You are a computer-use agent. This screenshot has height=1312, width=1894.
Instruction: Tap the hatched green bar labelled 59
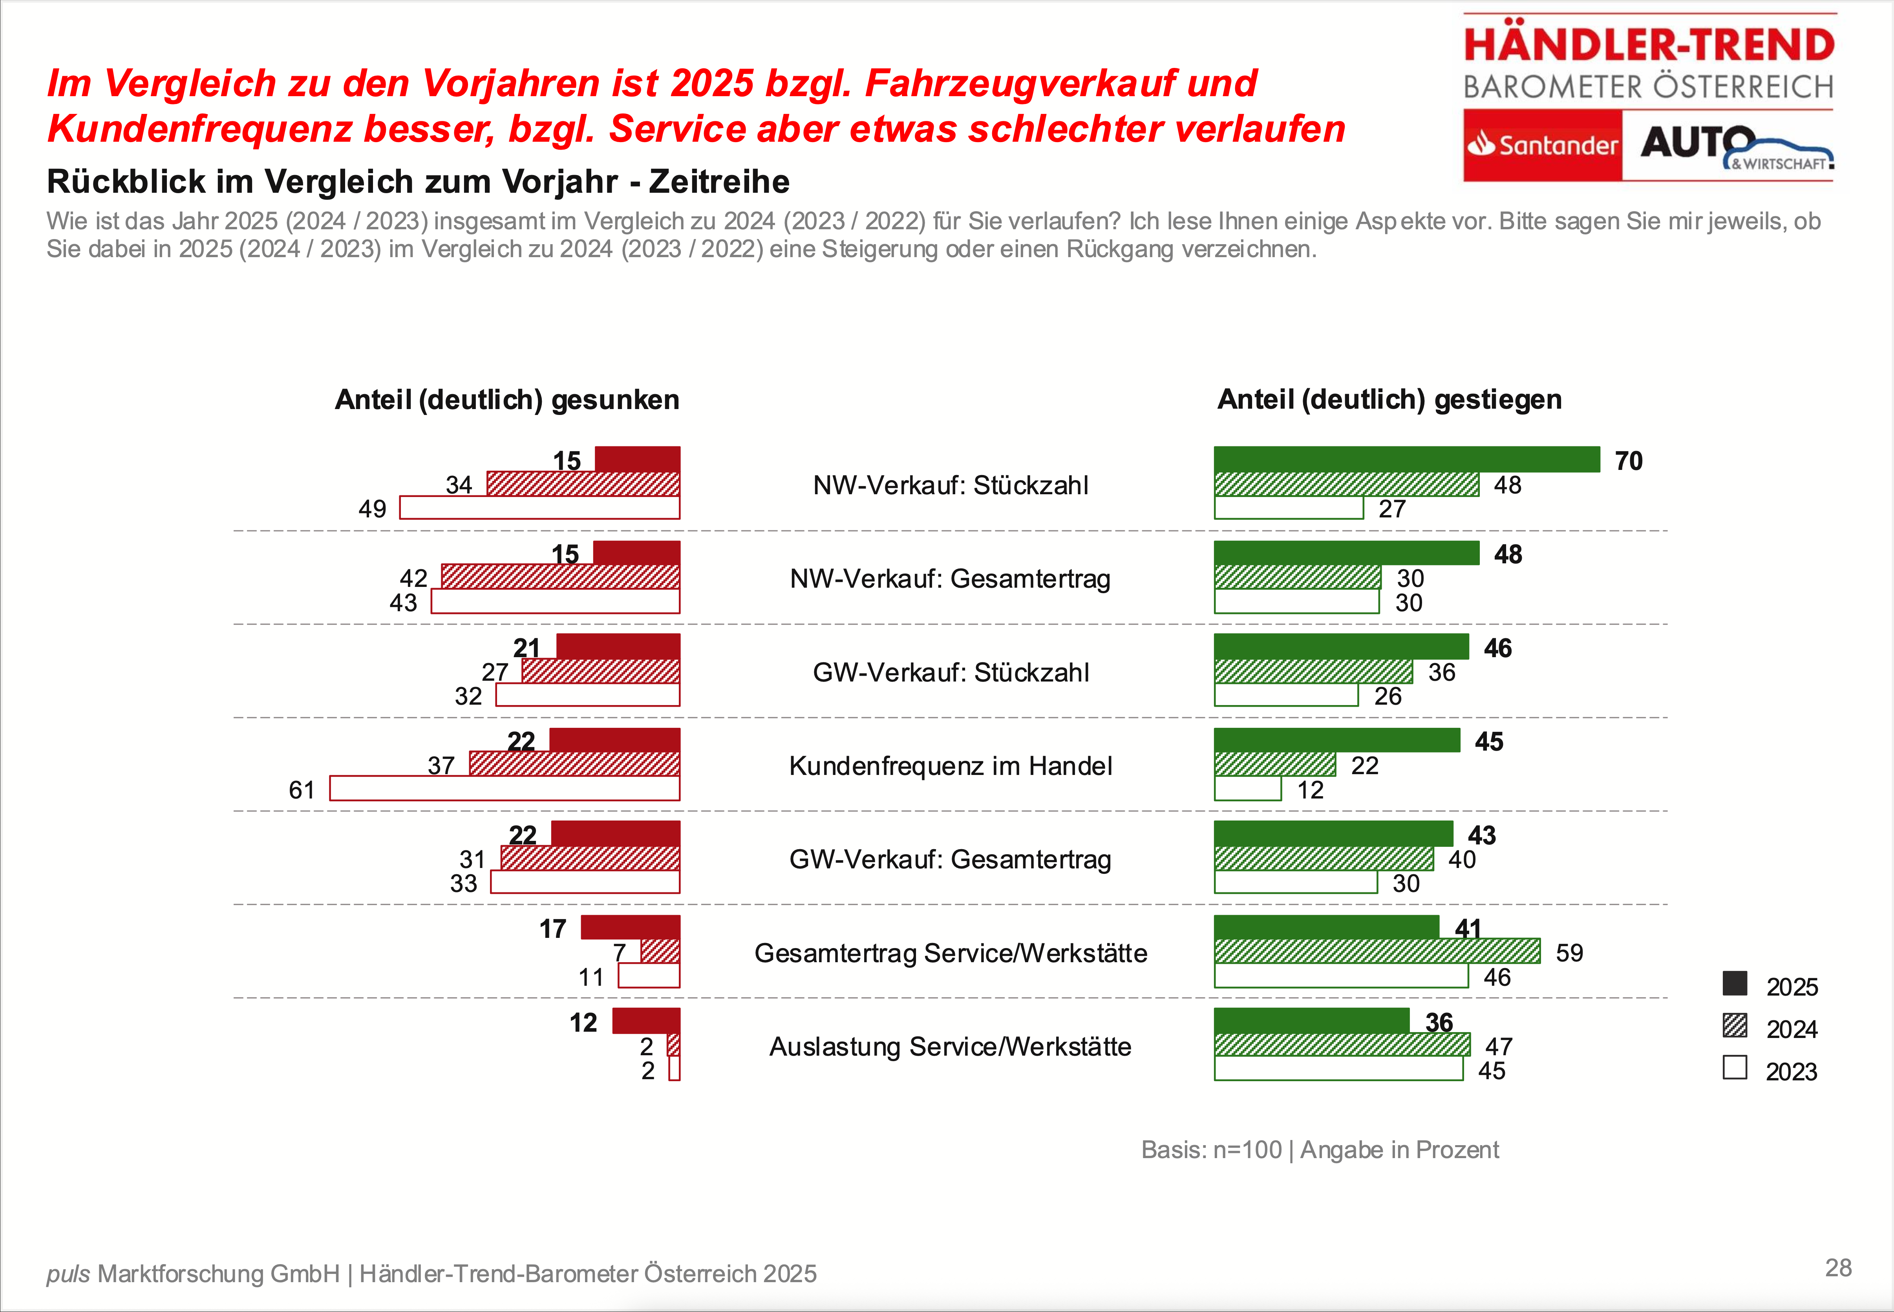(x=1377, y=951)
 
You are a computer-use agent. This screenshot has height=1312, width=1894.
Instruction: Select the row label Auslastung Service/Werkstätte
(x=950, y=1047)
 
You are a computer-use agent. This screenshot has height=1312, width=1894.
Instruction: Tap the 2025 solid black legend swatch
(x=1735, y=983)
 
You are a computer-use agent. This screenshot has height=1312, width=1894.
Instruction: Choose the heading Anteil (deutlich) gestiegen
(x=1389, y=400)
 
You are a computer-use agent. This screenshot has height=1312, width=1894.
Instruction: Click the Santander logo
(x=1542, y=146)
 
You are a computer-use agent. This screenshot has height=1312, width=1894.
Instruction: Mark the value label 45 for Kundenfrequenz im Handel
(x=1489, y=742)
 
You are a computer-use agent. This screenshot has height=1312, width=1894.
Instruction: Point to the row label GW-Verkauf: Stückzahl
(x=950, y=672)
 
